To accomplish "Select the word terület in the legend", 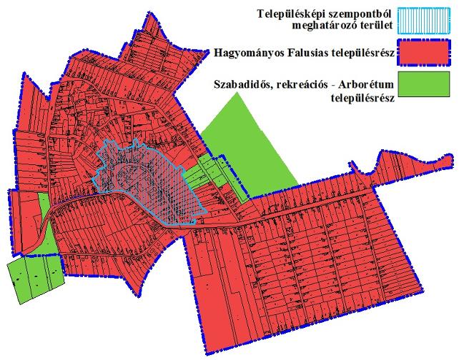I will click(x=375, y=28).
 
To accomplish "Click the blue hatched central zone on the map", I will click(x=154, y=182).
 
